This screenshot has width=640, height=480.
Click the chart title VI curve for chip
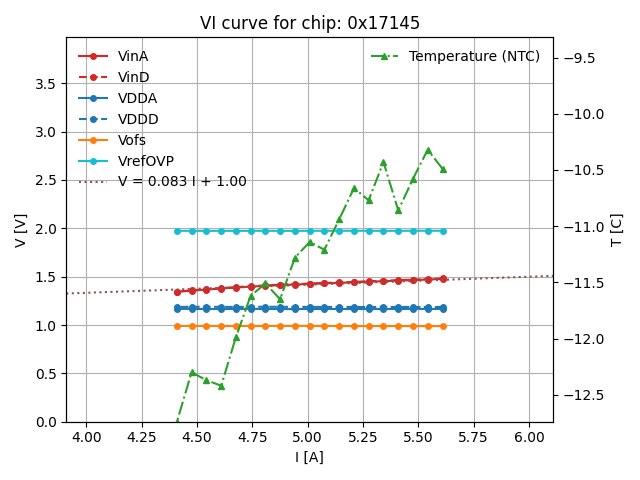pyautogui.click(x=310, y=23)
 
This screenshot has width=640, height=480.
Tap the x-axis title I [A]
pyautogui.click(x=309, y=457)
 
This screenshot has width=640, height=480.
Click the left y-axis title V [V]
pyautogui.click(x=20, y=230)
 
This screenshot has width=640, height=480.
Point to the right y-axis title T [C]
pyautogui.click(x=617, y=230)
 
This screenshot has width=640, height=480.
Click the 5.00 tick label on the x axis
pyautogui.click(x=309, y=437)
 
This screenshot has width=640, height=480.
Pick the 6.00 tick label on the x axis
pyautogui.click(x=530, y=437)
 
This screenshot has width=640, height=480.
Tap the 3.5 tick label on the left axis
pyautogui.click(x=44, y=84)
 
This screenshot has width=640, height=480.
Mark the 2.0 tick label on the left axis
pyautogui.click(x=44, y=229)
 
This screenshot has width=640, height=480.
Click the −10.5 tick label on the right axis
pyautogui.click(x=583, y=170)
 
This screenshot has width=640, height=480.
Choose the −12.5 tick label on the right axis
pyautogui.click(x=583, y=395)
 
